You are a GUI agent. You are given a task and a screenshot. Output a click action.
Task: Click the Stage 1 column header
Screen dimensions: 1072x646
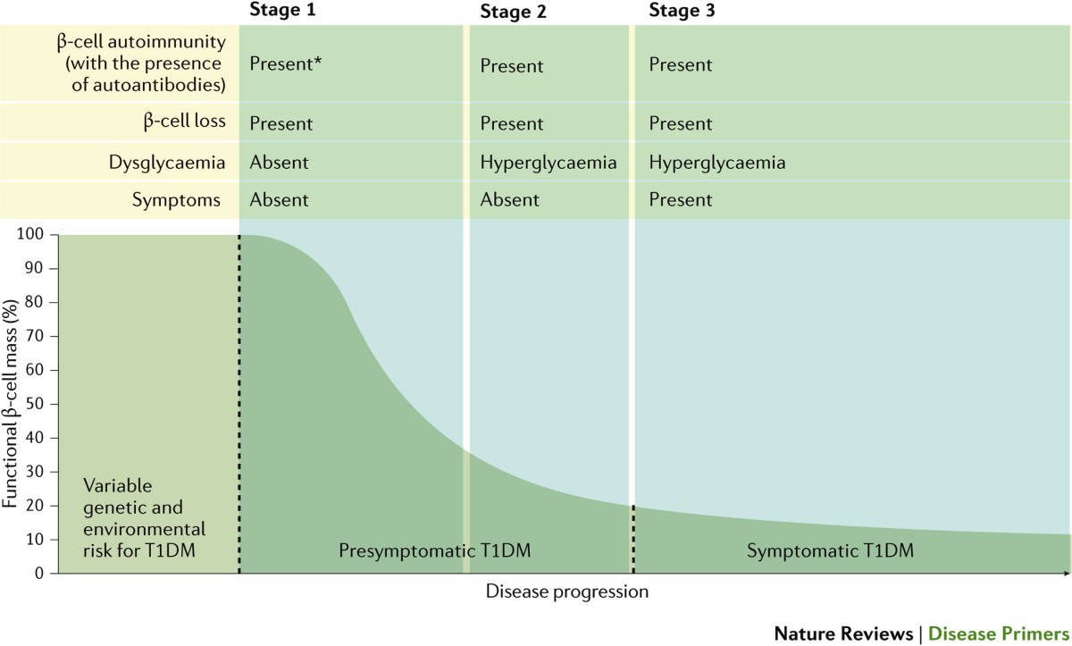[282, 10]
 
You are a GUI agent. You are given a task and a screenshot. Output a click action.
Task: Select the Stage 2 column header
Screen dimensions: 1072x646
[513, 12]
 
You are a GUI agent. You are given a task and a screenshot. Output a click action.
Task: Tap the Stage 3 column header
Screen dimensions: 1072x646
[682, 10]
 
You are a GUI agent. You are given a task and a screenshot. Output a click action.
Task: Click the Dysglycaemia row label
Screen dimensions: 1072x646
[166, 163]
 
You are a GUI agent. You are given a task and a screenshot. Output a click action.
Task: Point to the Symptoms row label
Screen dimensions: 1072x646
[176, 200]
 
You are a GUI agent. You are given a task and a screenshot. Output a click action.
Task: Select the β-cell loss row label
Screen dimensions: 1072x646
[184, 121]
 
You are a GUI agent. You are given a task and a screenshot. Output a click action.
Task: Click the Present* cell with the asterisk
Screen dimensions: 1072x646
[285, 63]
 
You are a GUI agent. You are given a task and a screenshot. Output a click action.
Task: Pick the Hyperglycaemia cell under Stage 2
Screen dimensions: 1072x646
[549, 163]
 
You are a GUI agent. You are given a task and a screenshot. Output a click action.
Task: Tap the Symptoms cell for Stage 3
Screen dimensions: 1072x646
[681, 199]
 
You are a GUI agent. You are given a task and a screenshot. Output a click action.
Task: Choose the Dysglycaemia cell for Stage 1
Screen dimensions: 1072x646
[279, 163]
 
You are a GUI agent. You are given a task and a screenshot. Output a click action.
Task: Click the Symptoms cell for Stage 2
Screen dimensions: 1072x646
[510, 199]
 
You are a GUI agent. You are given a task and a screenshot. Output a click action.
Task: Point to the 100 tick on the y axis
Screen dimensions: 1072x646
[30, 234]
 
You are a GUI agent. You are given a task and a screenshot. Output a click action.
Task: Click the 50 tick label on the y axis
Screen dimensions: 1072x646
[34, 404]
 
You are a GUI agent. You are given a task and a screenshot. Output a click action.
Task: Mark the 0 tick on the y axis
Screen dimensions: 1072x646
[39, 574]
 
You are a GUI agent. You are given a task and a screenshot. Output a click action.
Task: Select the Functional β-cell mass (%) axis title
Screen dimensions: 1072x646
[10, 404]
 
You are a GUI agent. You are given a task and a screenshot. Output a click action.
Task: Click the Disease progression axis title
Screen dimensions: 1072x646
[567, 591]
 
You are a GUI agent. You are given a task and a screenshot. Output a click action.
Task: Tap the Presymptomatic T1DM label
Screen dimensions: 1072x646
[434, 550]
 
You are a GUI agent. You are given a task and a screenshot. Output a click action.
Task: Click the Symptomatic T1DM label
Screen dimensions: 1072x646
[830, 550]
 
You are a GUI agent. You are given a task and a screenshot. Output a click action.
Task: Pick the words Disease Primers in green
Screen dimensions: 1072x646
[999, 634]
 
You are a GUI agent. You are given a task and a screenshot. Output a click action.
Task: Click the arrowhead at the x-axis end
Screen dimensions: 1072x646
[1068, 574]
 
